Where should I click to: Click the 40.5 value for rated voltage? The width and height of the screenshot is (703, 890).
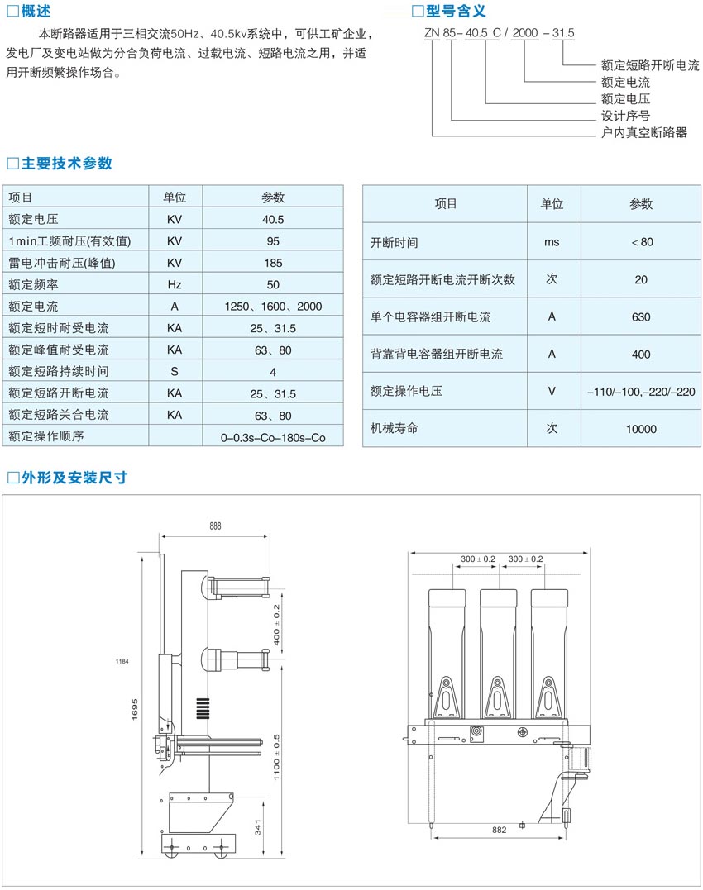point(273,220)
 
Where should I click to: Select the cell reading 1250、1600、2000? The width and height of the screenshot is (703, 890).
point(273,307)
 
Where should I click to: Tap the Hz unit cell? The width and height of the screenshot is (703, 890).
point(174,284)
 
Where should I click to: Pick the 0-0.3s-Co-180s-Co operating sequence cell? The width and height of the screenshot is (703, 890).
point(273,436)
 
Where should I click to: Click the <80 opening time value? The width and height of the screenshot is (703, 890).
point(641,242)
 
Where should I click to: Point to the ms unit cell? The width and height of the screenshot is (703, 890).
point(552,242)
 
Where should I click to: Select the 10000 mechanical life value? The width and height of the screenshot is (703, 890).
point(641,429)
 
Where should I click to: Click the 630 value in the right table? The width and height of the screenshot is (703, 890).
point(641,316)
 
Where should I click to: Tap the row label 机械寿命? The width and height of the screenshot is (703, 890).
point(395,429)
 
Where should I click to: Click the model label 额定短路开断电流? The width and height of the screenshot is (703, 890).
point(650,65)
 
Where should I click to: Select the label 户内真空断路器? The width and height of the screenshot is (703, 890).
point(644,132)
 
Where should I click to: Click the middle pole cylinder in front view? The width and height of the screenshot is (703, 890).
point(497,636)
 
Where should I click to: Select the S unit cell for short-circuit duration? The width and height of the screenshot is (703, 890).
point(174,371)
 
